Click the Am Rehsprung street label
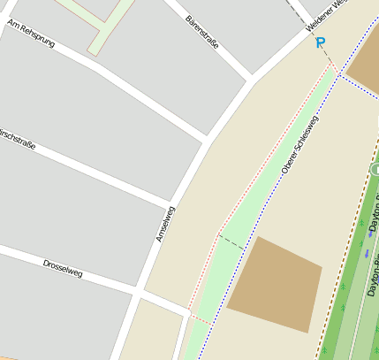pos(31,33)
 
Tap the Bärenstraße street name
pos(202,32)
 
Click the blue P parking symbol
pos(320,42)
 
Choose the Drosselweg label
pos(63,268)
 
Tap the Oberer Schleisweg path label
pos(299,143)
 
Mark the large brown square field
pos(273,284)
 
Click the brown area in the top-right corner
pos(364,66)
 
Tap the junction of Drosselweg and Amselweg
pos(138,291)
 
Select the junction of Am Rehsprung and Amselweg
pos(208,140)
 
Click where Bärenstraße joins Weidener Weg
pos(253,78)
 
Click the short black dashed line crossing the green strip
pos(231,241)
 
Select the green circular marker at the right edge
pos(375,169)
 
